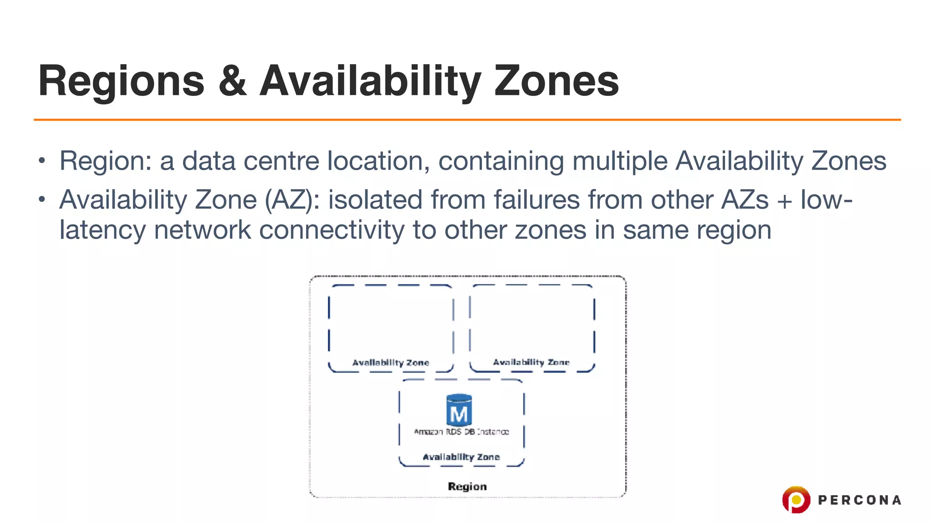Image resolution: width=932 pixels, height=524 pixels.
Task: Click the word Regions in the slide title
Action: (x=122, y=81)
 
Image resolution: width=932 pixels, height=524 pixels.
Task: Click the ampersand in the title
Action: (x=233, y=81)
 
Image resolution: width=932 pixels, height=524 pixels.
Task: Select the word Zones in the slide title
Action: (x=556, y=81)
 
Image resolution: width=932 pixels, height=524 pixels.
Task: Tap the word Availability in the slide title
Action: (x=370, y=81)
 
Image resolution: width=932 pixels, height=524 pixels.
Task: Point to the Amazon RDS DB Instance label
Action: (x=461, y=432)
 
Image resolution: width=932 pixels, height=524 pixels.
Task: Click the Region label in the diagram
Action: (x=467, y=486)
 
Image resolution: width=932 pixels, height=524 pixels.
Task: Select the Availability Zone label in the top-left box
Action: (x=390, y=363)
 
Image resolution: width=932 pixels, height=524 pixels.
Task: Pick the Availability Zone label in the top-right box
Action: (x=531, y=362)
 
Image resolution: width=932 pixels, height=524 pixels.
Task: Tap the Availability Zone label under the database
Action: (x=461, y=457)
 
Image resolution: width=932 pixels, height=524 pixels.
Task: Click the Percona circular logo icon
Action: (x=796, y=499)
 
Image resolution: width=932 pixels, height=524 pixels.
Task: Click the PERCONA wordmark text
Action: (x=859, y=500)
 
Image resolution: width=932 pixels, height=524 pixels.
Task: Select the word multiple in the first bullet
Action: (x=620, y=161)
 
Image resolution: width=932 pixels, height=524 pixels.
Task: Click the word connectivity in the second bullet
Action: (x=331, y=230)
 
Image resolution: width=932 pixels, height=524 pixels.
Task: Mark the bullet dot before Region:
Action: (x=42, y=161)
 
